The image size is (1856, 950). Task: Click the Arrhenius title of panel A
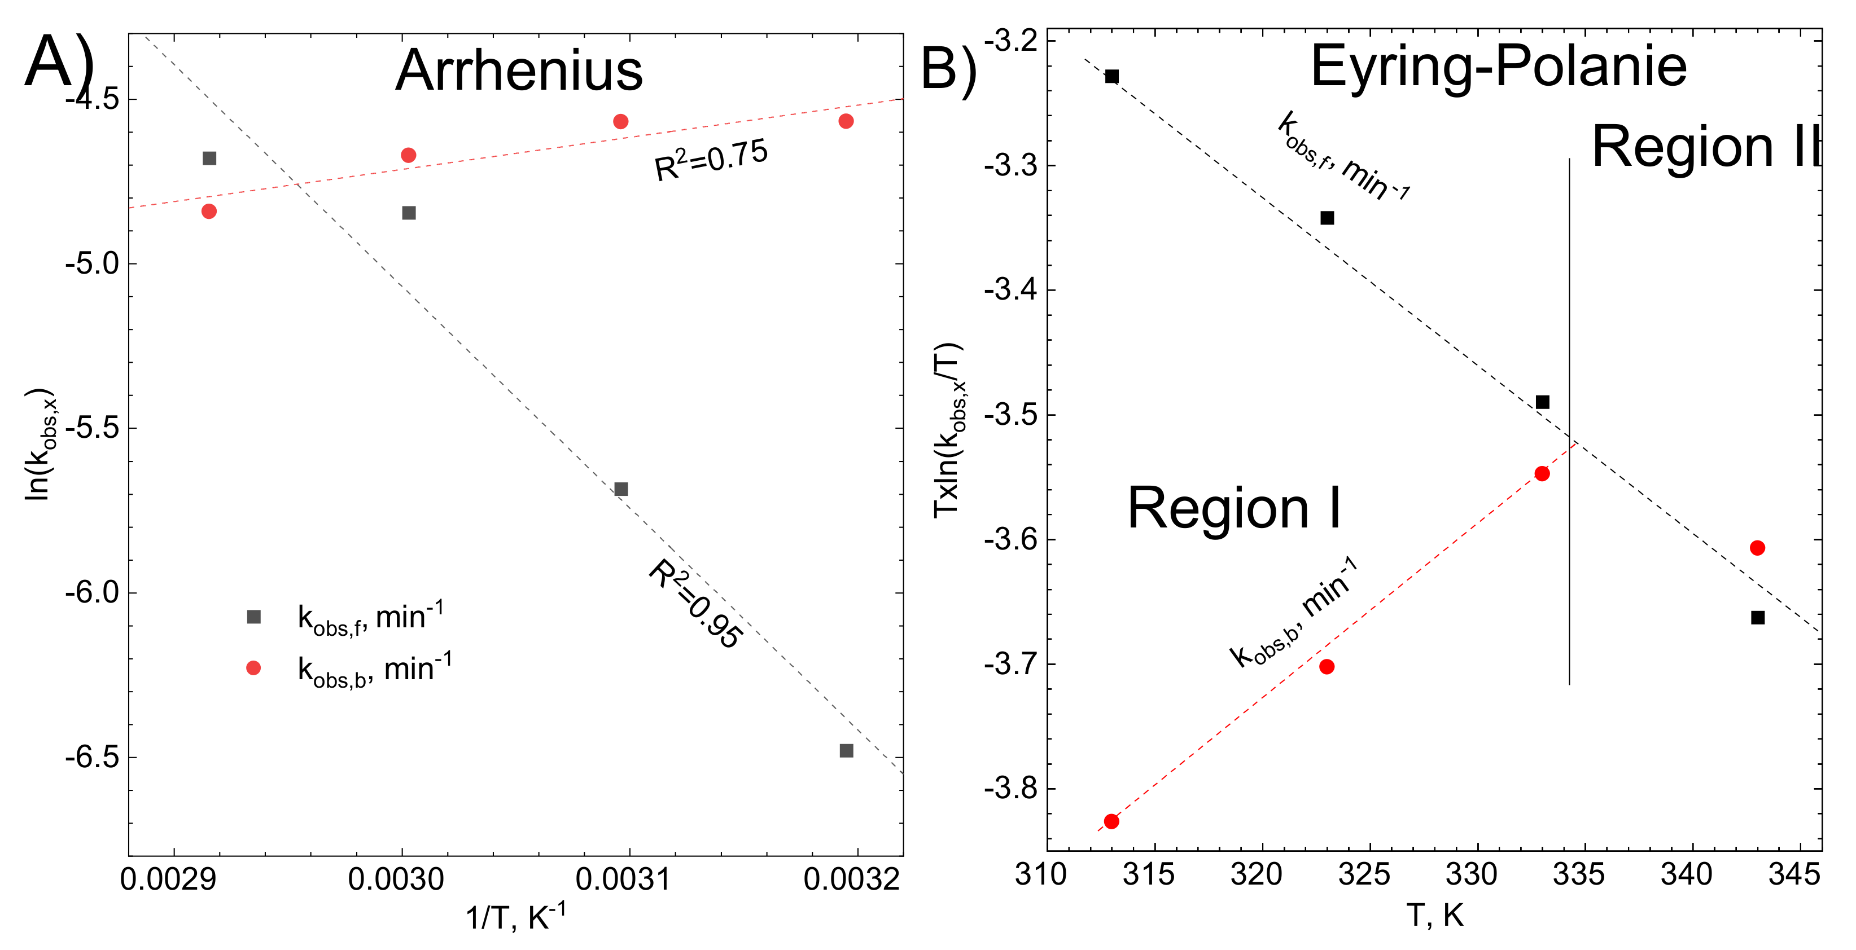519,71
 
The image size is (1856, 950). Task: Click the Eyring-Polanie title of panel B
1498,66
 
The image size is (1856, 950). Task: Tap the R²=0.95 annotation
695,604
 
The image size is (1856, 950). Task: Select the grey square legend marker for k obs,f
253,617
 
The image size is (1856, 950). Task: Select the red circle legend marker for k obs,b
253,668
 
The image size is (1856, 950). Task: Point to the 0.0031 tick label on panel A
623,879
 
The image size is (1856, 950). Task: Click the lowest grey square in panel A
847,750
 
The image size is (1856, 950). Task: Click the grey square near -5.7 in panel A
621,489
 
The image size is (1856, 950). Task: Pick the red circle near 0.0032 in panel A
846,121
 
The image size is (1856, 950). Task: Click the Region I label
1234,508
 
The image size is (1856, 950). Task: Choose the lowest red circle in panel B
1111,821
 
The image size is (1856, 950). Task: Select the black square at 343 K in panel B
1758,617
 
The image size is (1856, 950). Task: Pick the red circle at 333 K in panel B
1542,473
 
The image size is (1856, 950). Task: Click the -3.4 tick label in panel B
1011,291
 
